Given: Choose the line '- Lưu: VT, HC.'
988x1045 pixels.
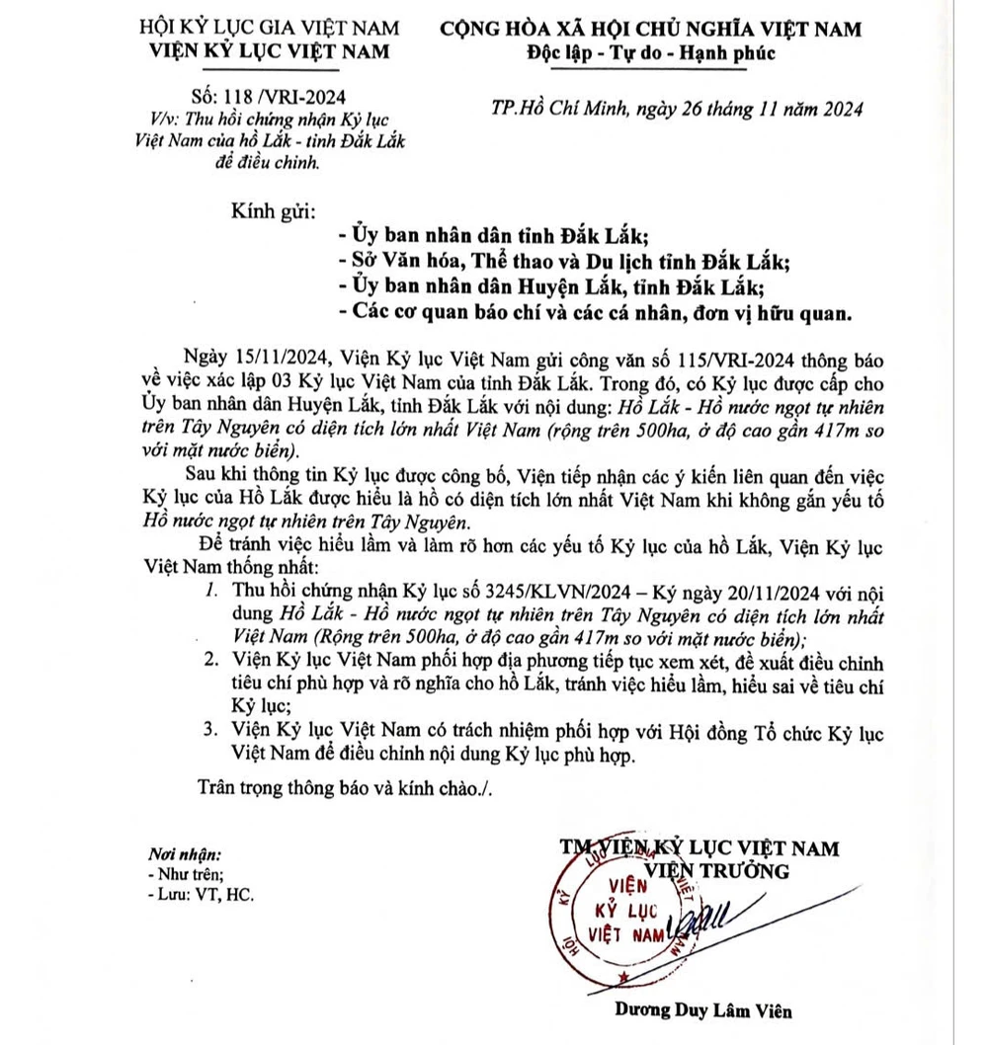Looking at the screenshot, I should [x=199, y=896].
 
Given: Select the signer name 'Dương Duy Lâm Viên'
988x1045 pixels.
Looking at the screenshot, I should [x=701, y=1010].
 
